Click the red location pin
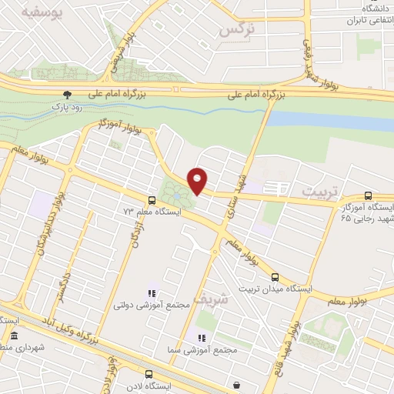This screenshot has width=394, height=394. [198, 180]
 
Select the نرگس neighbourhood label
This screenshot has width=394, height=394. [237, 28]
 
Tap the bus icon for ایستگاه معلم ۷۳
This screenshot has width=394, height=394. [151, 201]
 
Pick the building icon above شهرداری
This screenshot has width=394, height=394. [14, 336]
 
